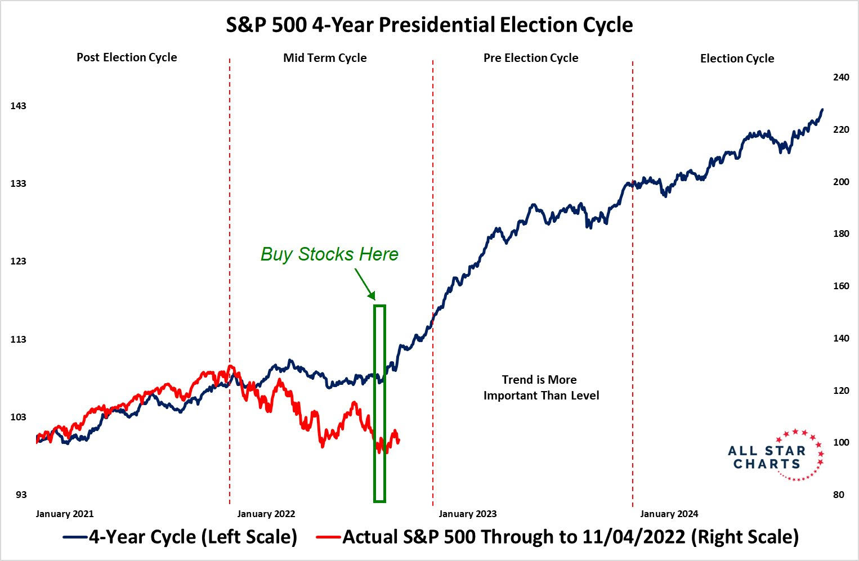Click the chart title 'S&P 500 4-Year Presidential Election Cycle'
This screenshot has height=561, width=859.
[x=429, y=25]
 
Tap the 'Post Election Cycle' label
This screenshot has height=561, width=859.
[x=127, y=57]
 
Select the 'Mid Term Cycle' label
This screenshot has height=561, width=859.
[x=325, y=58]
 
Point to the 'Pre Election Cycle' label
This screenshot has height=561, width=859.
[x=531, y=58]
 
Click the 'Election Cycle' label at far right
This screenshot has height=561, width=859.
[x=737, y=59]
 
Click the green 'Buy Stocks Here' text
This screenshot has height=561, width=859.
[x=329, y=254]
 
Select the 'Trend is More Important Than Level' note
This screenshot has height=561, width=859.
[x=541, y=388]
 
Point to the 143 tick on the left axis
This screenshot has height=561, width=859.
[x=19, y=106]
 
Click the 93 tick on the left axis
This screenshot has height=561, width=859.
[x=21, y=495]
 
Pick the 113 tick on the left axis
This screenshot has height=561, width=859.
[x=19, y=339]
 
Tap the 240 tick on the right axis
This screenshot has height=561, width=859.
[x=841, y=77]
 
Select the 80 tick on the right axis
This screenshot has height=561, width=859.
[x=839, y=495]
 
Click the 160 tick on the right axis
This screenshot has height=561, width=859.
[x=841, y=286]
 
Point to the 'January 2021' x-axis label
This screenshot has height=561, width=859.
[x=65, y=514]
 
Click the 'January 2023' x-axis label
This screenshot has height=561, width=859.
[x=468, y=514]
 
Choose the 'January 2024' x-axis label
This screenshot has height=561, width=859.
[x=669, y=514]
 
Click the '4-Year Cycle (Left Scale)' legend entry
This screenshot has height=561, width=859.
[x=180, y=537]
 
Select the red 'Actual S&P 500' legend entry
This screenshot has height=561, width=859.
[x=557, y=537]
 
